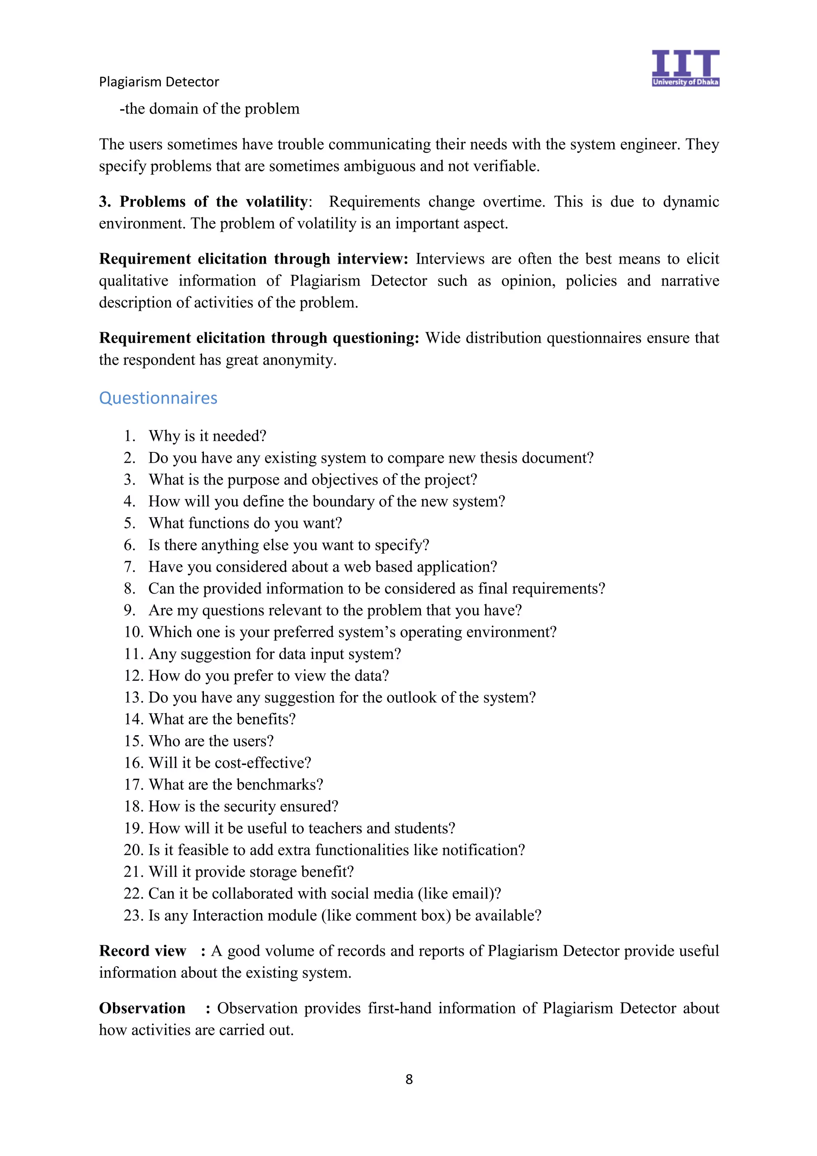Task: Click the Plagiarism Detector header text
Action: [x=159, y=81]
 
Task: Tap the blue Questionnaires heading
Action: [x=158, y=398]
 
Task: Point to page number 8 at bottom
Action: [x=409, y=1079]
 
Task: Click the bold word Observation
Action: [x=142, y=1008]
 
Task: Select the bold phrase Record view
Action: [x=142, y=951]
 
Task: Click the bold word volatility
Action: [x=276, y=201]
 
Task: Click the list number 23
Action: [x=133, y=915]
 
